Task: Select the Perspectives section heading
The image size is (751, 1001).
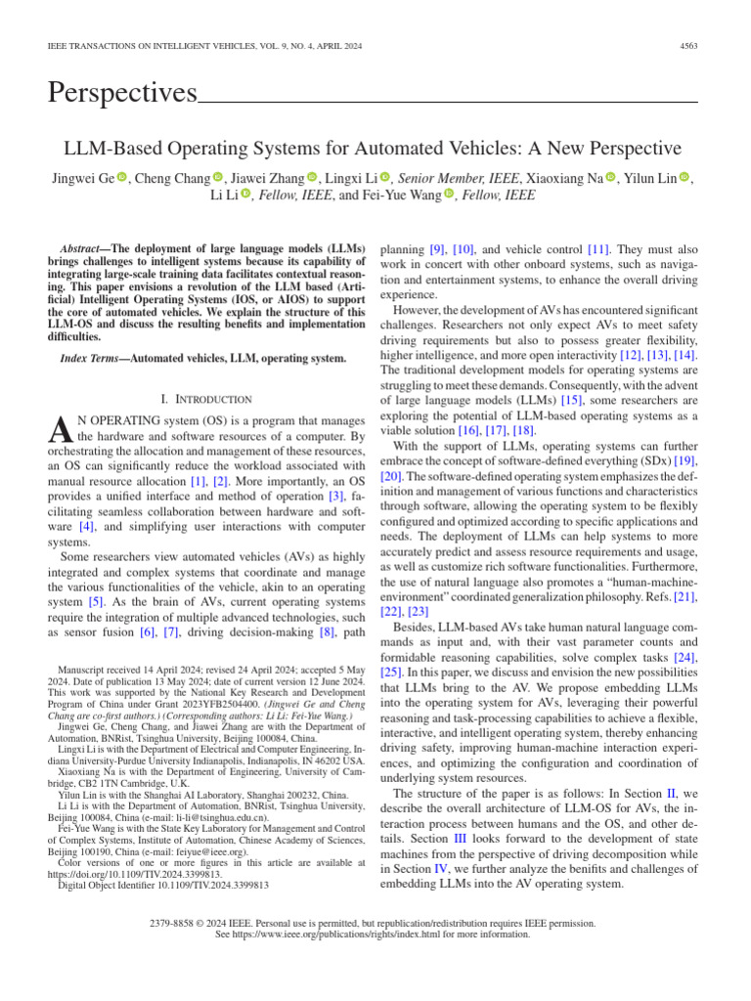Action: tap(122, 93)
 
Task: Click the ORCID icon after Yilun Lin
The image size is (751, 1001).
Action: tap(657, 177)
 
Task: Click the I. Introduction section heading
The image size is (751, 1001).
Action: tap(205, 399)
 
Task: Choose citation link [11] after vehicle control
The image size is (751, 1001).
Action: tap(597, 249)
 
